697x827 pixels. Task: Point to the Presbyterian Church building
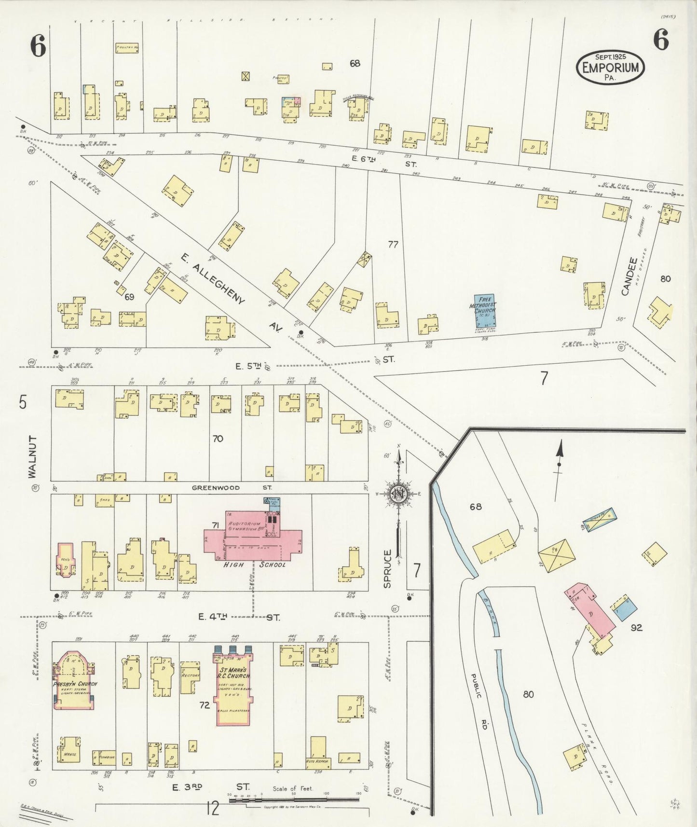click(75, 680)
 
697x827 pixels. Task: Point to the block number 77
click(393, 245)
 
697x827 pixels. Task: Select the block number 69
click(129, 297)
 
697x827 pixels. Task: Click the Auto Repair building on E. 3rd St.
click(318, 761)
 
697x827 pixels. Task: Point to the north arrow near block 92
click(559, 464)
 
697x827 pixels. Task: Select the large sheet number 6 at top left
click(38, 46)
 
